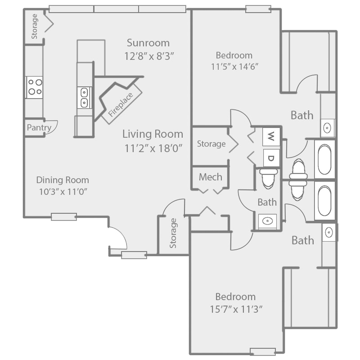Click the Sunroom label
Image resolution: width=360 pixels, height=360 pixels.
(x=148, y=43)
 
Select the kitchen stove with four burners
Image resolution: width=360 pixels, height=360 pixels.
(x=34, y=87)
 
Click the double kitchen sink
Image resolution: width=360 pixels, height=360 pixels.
(x=84, y=97)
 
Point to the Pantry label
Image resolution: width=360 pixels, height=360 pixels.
(x=39, y=128)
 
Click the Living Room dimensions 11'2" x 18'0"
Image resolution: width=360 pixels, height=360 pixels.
(x=153, y=148)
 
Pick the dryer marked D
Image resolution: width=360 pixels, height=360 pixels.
(x=270, y=157)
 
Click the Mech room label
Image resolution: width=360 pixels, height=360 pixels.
(x=210, y=177)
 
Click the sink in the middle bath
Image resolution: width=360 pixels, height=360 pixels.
(x=267, y=220)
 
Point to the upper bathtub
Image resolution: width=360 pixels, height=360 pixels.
(x=324, y=159)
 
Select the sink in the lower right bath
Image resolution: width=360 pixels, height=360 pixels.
(x=329, y=233)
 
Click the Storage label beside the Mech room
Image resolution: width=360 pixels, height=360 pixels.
(x=211, y=144)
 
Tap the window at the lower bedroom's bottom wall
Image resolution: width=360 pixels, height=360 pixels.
(x=262, y=351)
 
